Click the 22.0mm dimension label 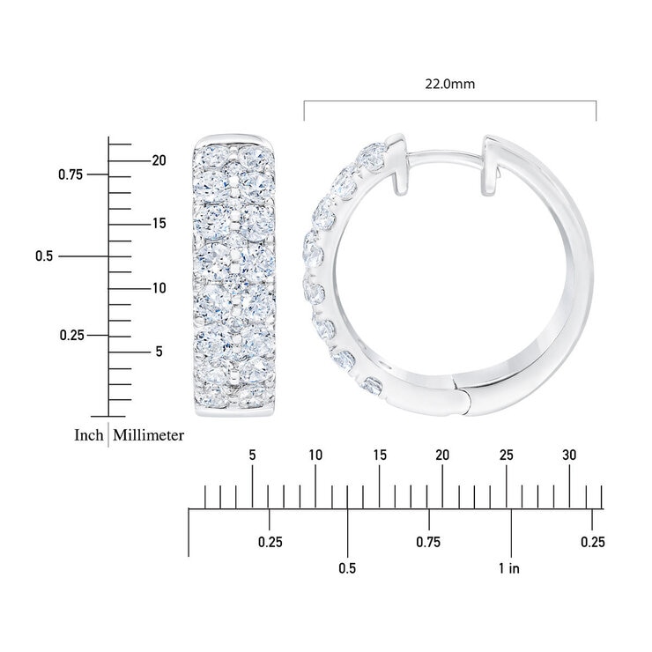(x=449, y=84)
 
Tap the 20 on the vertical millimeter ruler (x=159, y=160)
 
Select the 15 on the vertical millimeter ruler (x=159, y=224)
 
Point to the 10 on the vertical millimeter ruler (x=159, y=288)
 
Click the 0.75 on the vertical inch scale (x=70, y=174)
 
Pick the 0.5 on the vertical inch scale (x=44, y=256)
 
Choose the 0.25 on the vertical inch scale (x=71, y=335)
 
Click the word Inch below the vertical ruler (x=89, y=435)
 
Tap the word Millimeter (x=148, y=435)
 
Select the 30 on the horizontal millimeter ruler (x=569, y=456)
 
